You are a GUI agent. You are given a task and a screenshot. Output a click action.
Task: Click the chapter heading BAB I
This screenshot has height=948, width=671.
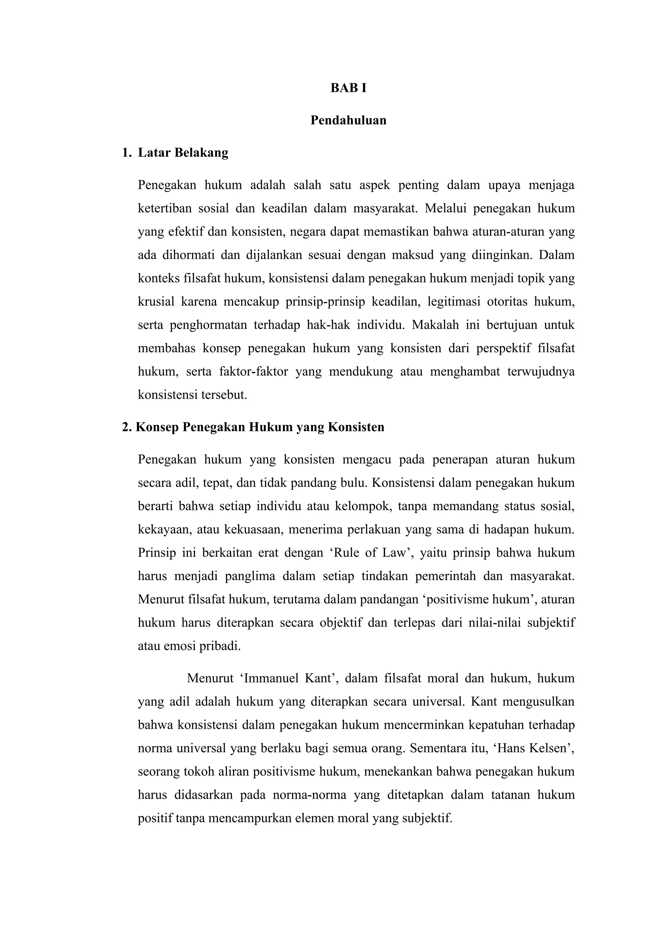[348, 88]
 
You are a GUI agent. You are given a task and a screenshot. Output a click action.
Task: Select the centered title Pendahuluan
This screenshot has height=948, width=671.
[348, 120]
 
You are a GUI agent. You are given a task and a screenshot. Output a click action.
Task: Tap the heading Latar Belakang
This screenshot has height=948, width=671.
[183, 153]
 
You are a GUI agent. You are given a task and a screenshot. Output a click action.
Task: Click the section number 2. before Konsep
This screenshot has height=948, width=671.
[127, 427]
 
